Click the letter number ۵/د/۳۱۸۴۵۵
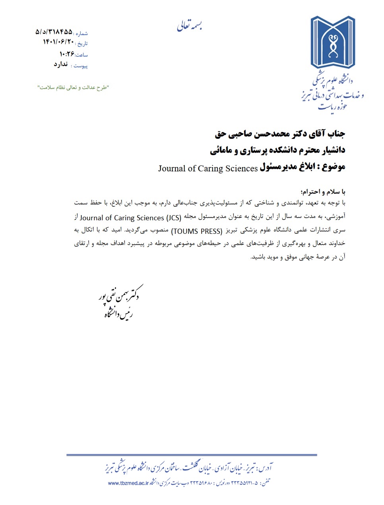[54, 31]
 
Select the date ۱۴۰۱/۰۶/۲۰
[58, 42]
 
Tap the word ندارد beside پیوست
[61, 64]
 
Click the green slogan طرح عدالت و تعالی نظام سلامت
[73, 87]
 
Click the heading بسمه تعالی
[190, 26]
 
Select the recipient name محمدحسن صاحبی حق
[254, 134]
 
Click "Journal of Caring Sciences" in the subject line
[208, 168]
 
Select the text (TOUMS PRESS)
[196, 231]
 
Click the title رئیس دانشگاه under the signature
[118, 314]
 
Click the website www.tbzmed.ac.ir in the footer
[128, 483]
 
